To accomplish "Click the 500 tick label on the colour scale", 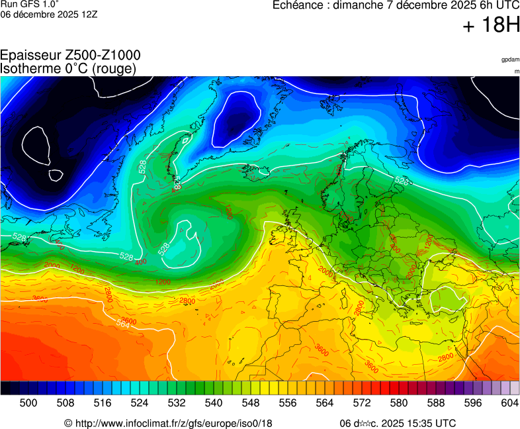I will coord(28,402).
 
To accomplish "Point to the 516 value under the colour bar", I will coord(102,402).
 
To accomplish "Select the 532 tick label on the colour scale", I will coord(176,402).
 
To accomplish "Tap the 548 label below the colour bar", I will coord(250,402).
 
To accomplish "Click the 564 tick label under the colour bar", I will coord(324,402).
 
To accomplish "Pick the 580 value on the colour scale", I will coord(398,402).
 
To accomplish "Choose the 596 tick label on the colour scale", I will coord(472,402).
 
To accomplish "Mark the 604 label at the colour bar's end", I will coord(509,402).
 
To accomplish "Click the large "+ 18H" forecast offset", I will coord(491,25).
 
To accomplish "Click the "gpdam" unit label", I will coord(510,60).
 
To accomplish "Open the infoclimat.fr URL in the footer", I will coord(174,423).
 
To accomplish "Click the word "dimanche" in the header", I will coord(361,6).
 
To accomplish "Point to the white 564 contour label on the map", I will coord(123,323).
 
